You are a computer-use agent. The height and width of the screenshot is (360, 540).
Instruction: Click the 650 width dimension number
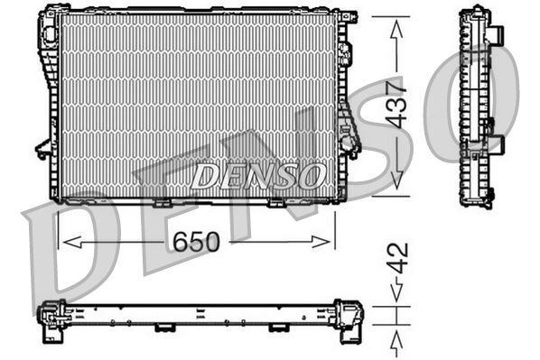tap(195, 241)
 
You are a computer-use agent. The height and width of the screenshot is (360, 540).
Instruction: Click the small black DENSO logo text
tap(257, 174)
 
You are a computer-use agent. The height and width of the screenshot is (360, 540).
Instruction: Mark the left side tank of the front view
tap(46, 104)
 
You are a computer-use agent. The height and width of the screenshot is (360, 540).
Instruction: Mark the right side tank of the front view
tap(343, 104)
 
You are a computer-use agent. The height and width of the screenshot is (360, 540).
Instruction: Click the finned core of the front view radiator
tap(194, 90)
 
